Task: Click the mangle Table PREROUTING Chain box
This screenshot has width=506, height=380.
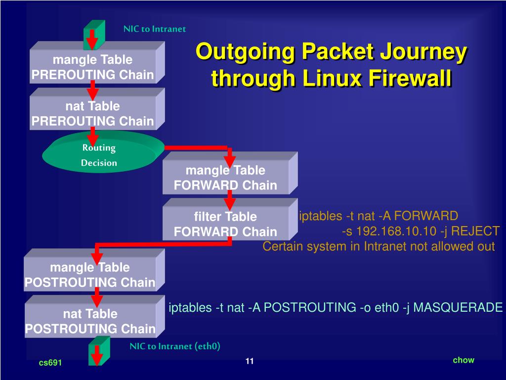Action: tap(93, 68)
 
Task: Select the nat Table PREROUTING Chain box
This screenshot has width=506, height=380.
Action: tap(93, 114)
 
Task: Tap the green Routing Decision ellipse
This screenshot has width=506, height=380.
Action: tap(99, 155)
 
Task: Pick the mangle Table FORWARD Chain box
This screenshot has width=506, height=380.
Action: tap(225, 178)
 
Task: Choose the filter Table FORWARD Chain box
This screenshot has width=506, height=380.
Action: tap(225, 224)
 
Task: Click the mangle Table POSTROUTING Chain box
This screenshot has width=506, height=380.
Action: tap(90, 275)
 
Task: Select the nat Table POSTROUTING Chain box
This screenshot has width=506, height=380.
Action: tap(90, 321)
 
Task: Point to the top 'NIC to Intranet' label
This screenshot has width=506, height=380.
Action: tap(155, 29)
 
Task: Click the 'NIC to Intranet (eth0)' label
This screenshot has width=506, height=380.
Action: tap(175, 346)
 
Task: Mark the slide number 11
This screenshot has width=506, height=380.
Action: tap(249, 362)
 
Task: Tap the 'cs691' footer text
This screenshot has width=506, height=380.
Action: tap(50, 363)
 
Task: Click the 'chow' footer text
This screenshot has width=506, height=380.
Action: tap(464, 360)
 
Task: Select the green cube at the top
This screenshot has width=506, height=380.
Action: tap(94, 35)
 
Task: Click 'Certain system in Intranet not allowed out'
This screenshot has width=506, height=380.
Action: tap(379, 246)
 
